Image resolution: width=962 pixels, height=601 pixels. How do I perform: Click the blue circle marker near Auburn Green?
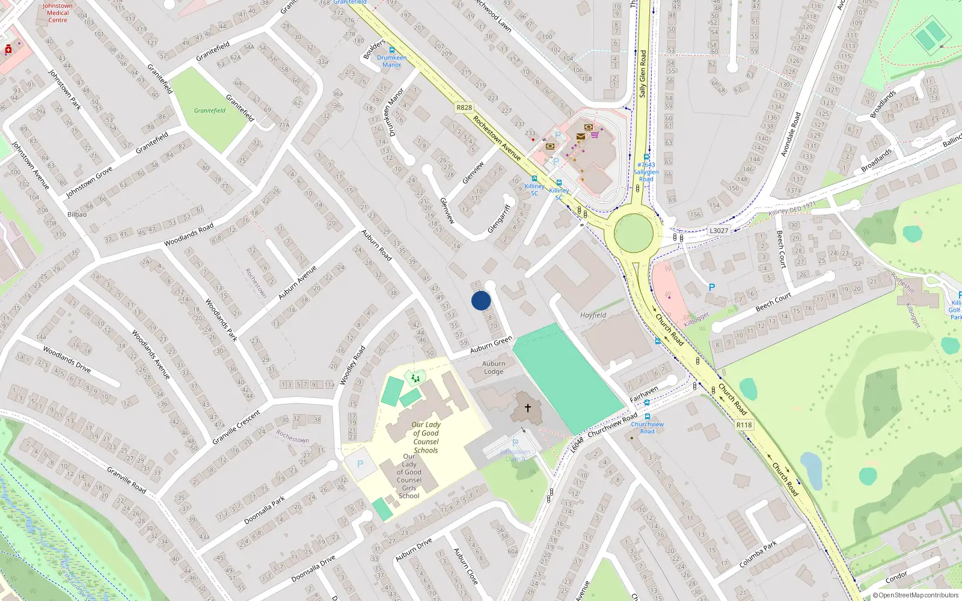[481, 300]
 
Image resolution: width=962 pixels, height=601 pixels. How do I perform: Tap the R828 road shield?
[464, 108]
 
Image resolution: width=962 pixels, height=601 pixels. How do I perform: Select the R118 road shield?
[744, 425]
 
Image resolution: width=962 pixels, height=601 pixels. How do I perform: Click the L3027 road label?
[718, 231]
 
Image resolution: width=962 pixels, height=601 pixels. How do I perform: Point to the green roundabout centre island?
[633, 233]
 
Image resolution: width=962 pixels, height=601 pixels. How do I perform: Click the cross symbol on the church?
[527, 408]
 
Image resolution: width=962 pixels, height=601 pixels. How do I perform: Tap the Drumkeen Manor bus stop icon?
[392, 50]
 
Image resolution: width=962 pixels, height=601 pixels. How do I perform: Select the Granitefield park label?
[210, 111]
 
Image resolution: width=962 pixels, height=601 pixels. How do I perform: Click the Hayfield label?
[593, 315]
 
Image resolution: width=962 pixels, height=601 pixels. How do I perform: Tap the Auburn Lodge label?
[494, 367]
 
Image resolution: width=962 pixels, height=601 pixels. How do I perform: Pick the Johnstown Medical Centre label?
[58, 13]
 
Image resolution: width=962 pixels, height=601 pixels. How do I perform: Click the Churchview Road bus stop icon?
[648, 416]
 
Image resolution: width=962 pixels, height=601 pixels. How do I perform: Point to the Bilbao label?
[77, 215]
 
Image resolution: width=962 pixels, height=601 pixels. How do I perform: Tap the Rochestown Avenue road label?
[497, 138]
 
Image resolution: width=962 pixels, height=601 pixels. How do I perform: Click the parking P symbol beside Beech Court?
[712, 287]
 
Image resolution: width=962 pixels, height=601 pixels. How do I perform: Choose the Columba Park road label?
[758, 554]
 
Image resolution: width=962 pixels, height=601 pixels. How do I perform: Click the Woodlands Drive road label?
[67, 359]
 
